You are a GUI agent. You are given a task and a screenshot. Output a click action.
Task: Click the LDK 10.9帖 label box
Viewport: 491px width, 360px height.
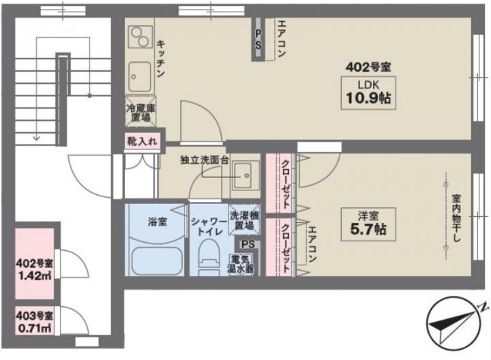(368, 93)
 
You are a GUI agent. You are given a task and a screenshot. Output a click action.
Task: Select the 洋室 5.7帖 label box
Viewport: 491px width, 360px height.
(368, 224)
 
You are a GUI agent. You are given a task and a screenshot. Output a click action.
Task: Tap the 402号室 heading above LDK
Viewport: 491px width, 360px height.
(368, 67)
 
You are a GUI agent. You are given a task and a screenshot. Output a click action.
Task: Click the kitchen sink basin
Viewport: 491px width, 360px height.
(140, 76)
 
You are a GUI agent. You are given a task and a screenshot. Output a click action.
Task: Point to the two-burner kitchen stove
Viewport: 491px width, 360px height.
(140, 37)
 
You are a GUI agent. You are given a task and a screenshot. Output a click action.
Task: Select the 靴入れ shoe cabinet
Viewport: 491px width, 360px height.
(142, 141)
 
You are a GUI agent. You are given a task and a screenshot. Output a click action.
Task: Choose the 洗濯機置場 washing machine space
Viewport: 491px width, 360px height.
(244, 220)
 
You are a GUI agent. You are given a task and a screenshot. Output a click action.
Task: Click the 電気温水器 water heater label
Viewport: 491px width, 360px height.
(241, 265)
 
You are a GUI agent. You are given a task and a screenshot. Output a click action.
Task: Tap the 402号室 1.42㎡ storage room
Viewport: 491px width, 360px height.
(35, 264)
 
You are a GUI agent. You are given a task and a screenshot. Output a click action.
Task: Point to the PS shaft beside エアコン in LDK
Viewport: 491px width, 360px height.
(258, 39)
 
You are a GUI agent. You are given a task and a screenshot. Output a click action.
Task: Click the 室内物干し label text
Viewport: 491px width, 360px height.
(456, 219)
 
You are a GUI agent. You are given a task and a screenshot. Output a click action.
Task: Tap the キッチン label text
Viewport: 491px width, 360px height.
(161, 58)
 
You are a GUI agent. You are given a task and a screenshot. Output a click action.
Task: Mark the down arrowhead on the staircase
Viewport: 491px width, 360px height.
(37, 138)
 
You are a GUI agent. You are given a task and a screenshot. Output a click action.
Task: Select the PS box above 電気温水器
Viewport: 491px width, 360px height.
(248, 245)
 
